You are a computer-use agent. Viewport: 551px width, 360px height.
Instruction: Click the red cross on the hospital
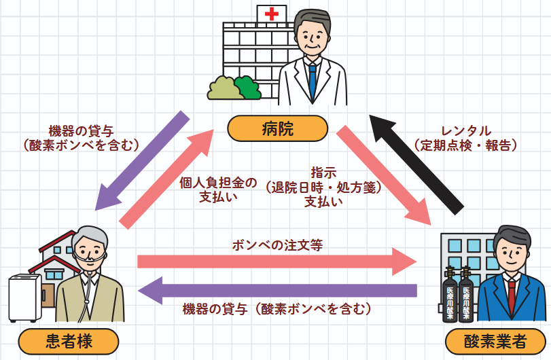pyautogui.click(x=272, y=14)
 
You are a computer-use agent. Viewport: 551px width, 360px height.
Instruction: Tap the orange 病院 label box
pyautogui.click(x=277, y=128)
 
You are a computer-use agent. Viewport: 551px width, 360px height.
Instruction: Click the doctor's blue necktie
pyautogui.click(x=312, y=80)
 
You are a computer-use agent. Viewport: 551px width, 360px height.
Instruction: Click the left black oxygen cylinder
pyautogui.click(x=449, y=295)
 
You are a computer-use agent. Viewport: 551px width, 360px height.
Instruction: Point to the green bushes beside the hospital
pyautogui.click(x=234, y=88)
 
